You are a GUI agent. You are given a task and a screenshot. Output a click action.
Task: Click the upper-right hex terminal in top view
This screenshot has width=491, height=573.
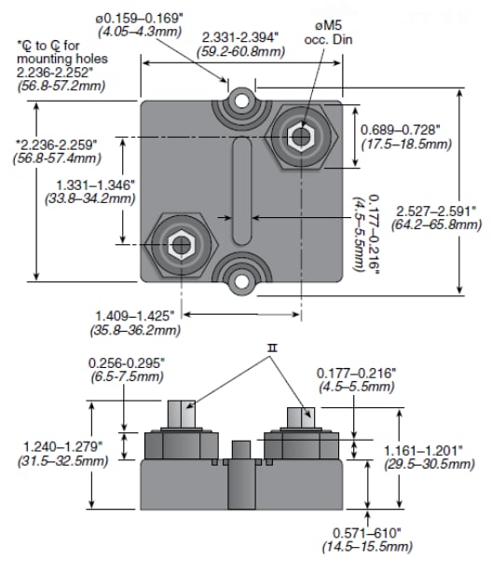[x=299, y=137]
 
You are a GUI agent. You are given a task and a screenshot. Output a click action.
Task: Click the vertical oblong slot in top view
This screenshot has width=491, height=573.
[x=241, y=188]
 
